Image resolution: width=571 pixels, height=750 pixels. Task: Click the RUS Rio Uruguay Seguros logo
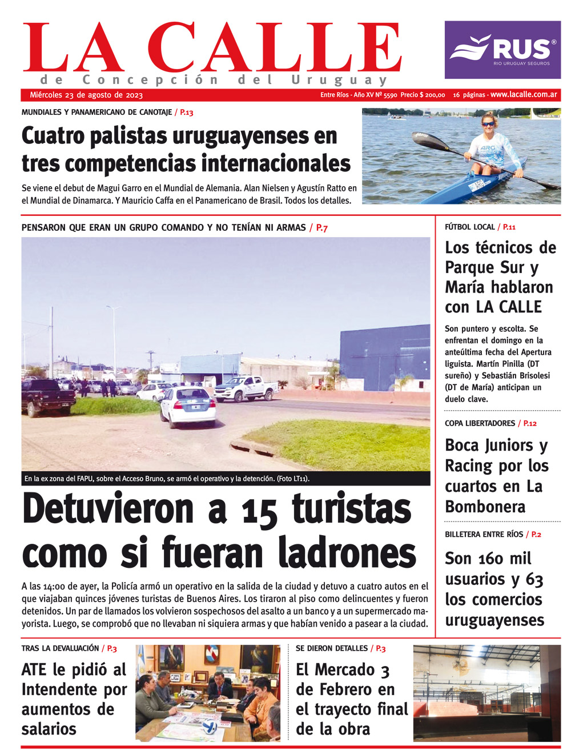click(x=502, y=50)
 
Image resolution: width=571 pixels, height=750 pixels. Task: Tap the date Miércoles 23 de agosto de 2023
click(x=86, y=95)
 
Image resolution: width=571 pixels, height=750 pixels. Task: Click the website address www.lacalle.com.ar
click(x=524, y=94)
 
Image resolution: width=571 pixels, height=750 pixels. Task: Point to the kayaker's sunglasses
click(x=488, y=123)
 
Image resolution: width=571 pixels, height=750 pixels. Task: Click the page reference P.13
click(x=187, y=113)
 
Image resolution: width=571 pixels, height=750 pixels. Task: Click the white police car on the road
click(x=187, y=407)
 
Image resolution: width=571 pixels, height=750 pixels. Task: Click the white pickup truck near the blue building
click(x=246, y=388)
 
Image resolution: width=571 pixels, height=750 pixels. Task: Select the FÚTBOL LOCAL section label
click(x=469, y=227)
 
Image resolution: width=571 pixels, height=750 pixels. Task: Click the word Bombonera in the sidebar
click(x=485, y=506)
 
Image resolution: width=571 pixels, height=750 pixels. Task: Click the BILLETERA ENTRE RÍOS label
click(x=484, y=534)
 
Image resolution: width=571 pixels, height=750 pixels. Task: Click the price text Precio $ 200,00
click(x=423, y=95)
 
